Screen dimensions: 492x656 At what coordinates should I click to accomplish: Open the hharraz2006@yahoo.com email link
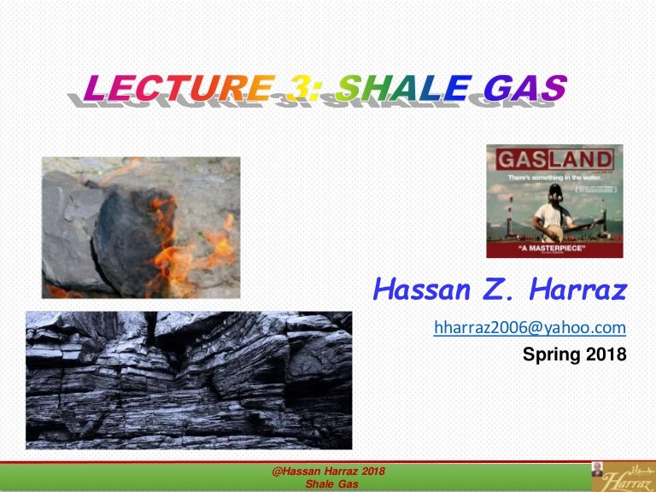click(530, 327)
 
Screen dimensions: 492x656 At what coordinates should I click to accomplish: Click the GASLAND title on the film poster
click(554, 160)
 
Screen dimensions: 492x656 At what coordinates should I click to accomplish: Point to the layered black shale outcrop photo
click(188, 379)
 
